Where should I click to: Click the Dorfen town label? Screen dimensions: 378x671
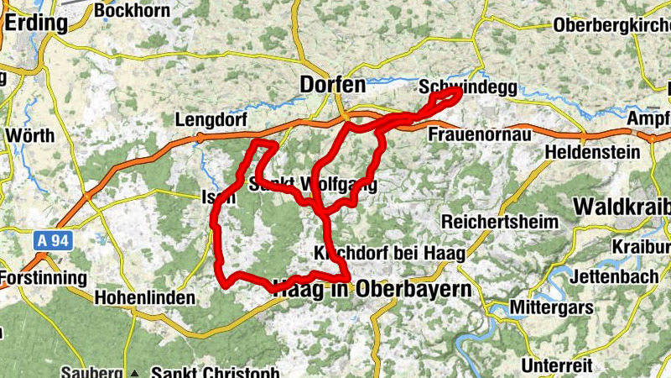[333, 85]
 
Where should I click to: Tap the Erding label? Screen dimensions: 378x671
[35, 23]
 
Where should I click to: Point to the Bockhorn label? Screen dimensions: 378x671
[127, 10]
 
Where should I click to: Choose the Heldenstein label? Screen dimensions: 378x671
[592, 153]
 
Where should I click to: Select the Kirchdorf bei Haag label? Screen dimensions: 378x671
[388, 253]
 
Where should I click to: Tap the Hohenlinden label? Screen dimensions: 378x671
[145, 297]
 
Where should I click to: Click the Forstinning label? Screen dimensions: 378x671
[43, 277]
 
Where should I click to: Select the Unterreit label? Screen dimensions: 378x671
[557, 366]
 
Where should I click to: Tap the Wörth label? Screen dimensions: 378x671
[29, 134]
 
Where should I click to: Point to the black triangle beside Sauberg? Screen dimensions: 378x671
[134, 372]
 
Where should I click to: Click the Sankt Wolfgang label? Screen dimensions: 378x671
[312, 184]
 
